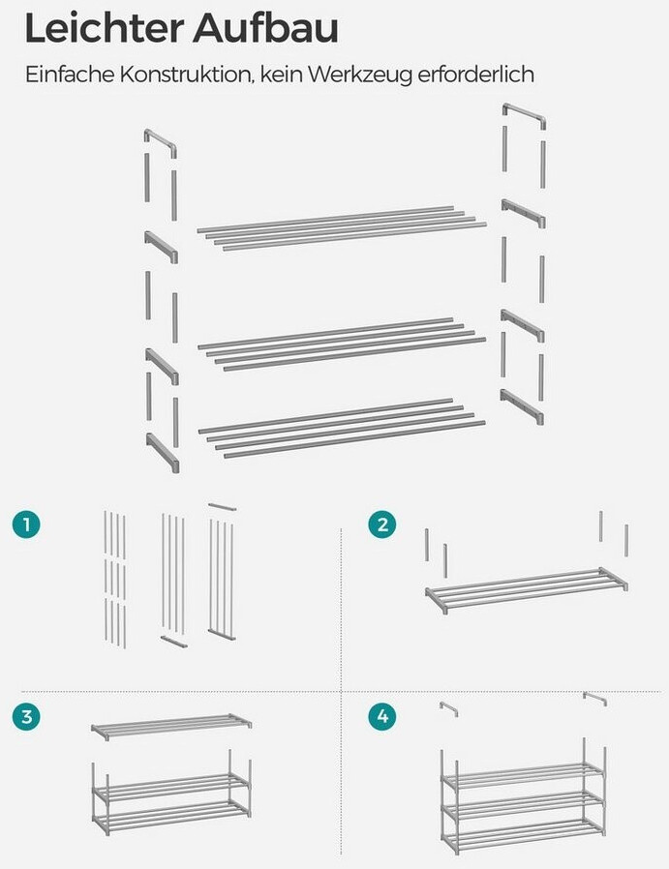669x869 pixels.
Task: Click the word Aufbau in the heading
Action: point(265,29)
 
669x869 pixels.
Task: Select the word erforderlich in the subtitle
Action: point(475,74)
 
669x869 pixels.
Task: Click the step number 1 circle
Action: point(26,524)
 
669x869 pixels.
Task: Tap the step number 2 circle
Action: point(382,524)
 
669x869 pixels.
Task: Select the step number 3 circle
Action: point(26,717)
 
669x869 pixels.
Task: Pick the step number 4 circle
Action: point(382,717)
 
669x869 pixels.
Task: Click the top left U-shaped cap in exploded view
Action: point(161,139)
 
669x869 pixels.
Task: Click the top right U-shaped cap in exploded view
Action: point(525,113)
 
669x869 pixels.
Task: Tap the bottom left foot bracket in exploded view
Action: point(163,452)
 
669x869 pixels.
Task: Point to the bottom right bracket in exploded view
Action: point(522,405)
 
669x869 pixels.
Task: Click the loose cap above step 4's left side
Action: point(449,707)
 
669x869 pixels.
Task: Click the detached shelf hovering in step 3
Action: point(171,726)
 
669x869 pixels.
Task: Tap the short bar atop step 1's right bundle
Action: point(223,506)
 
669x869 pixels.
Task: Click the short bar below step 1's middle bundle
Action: point(174,642)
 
